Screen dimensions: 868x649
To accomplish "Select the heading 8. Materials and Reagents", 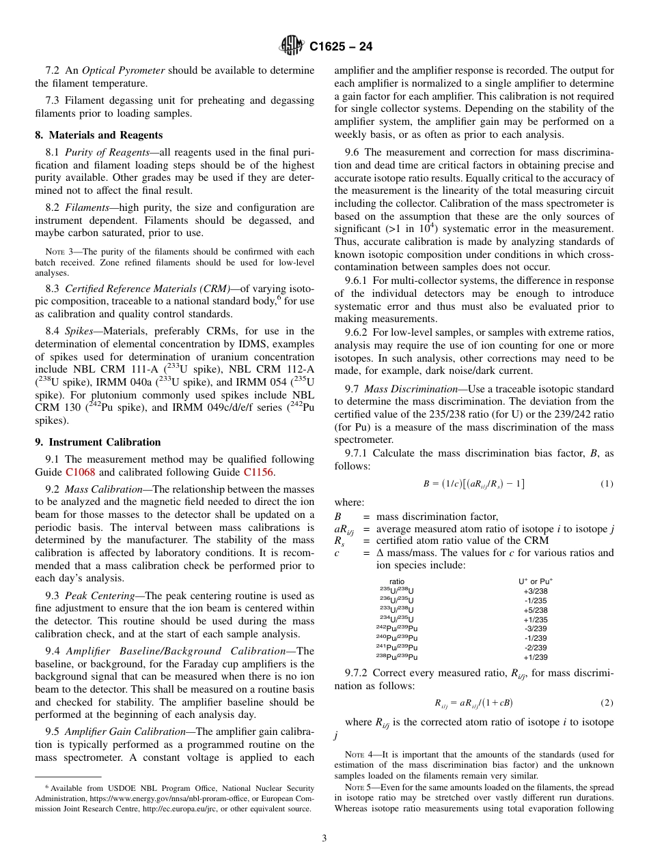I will tap(99, 135).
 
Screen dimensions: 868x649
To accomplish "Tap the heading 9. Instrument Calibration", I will tap(98, 442).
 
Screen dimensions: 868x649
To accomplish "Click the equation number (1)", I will tap(607, 484).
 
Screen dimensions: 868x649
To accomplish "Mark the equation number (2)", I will tap(607, 703).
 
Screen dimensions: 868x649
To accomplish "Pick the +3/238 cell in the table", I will tap(535, 592).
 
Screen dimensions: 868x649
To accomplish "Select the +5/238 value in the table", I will tap(535, 610).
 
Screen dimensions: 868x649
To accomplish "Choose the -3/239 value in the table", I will tap(535, 628).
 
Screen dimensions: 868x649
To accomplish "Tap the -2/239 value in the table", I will tap(535, 648).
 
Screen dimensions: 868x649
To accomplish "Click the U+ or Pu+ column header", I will tap(535, 581).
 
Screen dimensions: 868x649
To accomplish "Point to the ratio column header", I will tap(396, 582).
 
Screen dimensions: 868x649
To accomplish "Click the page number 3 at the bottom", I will tap(324, 839).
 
